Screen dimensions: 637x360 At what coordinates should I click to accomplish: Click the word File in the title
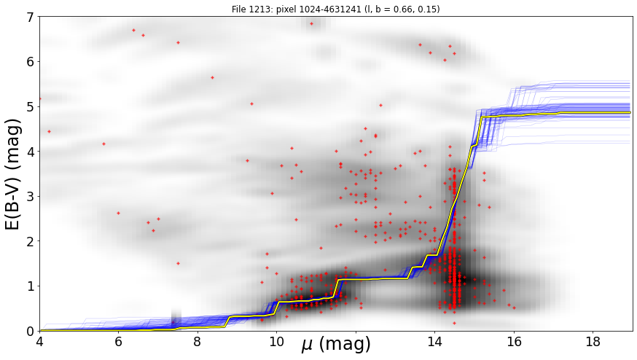[x=238, y=9]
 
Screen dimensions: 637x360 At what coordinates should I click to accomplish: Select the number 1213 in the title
[x=256, y=9]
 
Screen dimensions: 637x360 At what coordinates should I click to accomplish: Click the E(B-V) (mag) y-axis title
[x=13, y=174]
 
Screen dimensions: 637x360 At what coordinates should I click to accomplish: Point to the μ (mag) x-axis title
[x=335, y=345]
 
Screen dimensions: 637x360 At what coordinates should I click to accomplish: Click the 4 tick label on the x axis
[x=39, y=341]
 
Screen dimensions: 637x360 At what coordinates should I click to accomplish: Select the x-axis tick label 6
[x=118, y=341]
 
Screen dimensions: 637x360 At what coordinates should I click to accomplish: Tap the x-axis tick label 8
[x=198, y=341]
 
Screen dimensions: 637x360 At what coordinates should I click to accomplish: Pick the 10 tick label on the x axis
[x=277, y=341]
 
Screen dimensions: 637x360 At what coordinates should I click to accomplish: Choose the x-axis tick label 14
[x=434, y=341]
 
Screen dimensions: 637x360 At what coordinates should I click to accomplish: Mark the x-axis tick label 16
[x=514, y=341]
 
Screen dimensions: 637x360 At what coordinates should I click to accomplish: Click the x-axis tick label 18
[x=593, y=341]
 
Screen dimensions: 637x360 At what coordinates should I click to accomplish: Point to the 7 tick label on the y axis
[x=31, y=17]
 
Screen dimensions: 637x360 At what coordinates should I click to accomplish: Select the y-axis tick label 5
[x=31, y=107]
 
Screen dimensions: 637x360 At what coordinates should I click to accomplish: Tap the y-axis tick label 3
[x=31, y=197]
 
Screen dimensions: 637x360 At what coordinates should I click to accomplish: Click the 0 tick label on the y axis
[x=31, y=331]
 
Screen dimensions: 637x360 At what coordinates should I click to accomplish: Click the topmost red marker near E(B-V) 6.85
[x=312, y=23]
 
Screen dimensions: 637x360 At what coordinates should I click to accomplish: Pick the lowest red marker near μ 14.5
[x=454, y=323]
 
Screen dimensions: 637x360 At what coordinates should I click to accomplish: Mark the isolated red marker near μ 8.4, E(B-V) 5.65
[x=212, y=77]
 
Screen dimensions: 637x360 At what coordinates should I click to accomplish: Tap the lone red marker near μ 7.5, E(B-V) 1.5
[x=178, y=263]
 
